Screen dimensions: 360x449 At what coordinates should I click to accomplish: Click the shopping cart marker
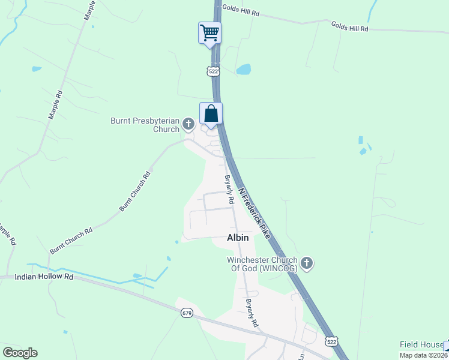pyautogui.click(x=209, y=32)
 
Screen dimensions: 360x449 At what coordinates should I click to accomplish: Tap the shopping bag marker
pyautogui.click(x=211, y=113)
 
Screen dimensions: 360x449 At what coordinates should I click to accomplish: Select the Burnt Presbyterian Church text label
pyautogui.click(x=145, y=125)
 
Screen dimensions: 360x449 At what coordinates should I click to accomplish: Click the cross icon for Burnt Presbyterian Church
pyautogui.click(x=189, y=125)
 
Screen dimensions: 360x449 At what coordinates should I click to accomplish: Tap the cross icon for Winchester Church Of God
pyautogui.click(x=307, y=262)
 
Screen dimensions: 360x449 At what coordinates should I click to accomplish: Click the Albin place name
pyautogui.click(x=238, y=238)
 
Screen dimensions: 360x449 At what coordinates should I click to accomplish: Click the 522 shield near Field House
pyautogui.click(x=331, y=341)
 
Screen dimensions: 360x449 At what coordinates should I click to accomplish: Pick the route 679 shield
pyautogui.click(x=187, y=313)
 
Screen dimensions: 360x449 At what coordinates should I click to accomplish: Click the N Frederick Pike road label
pyautogui.click(x=255, y=211)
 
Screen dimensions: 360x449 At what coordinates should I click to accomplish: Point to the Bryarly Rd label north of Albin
pyautogui.click(x=229, y=189)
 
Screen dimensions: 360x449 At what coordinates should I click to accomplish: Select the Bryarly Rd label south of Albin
pyautogui.click(x=252, y=313)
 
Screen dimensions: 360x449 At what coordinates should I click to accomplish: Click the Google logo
pyautogui.click(x=20, y=353)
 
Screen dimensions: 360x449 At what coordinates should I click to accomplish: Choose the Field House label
pyautogui.click(x=421, y=344)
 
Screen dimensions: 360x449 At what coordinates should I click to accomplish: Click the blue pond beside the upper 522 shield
pyautogui.click(x=243, y=70)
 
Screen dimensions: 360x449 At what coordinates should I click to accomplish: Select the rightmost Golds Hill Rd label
pyautogui.click(x=349, y=26)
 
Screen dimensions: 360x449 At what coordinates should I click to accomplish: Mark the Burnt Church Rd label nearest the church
pyautogui.click(x=134, y=192)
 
